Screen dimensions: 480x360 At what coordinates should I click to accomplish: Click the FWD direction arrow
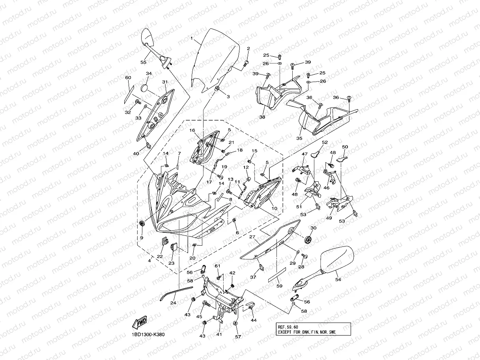(x=140, y=322)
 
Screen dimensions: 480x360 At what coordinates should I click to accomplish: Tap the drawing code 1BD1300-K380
(x=148, y=334)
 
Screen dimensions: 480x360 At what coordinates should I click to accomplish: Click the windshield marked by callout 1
(x=215, y=60)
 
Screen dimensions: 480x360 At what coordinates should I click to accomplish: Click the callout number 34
(x=149, y=73)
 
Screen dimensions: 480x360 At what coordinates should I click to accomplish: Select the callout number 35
(x=299, y=138)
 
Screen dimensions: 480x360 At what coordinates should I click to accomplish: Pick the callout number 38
(x=262, y=117)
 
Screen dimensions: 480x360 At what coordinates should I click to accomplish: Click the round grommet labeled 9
(x=142, y=224)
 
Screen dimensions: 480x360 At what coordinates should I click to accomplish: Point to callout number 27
(x=252, y=237)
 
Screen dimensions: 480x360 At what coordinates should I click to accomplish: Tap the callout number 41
(x=219, y=334)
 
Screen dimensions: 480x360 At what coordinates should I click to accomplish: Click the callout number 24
(x=173, y=303)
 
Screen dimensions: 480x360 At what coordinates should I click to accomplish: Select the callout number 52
(x=325, y=142)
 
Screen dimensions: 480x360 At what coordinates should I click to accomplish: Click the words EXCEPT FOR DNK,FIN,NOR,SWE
(x=307, y=332)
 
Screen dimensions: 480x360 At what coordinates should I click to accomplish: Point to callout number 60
(x=128, y=78)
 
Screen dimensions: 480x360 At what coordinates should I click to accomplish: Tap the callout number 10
(x=274, y=208)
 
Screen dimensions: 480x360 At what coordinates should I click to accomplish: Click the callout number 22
(x=160, y=256)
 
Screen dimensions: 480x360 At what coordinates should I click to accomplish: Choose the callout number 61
(x=217, y=266)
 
